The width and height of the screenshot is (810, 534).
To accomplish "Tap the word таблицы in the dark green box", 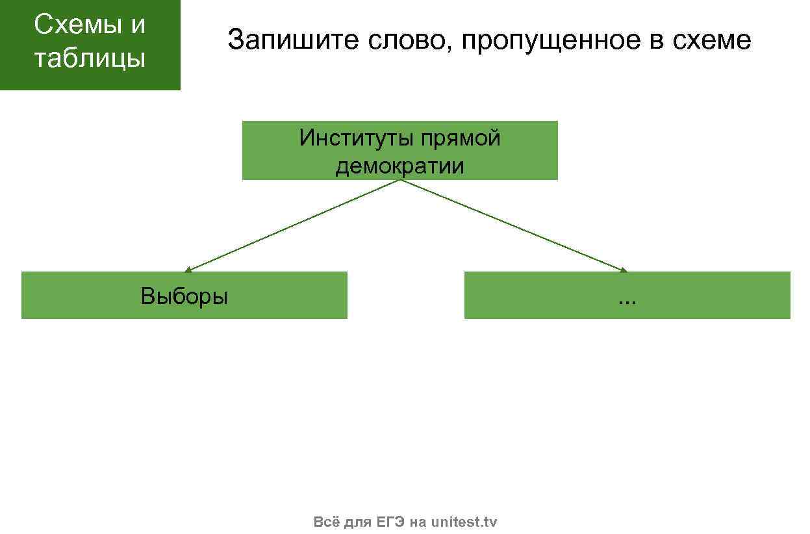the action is click(x=90, y=58).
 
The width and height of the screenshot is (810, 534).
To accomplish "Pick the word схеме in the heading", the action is click(x=711, y=40).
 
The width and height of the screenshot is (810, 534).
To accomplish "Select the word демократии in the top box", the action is click(x=399, y=166).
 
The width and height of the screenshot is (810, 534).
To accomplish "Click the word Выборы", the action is click(x=184, y=296).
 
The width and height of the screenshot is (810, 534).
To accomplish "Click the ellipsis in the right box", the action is click(x=627, y=300).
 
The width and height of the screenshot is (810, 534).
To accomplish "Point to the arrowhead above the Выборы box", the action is click(x=187, y=270).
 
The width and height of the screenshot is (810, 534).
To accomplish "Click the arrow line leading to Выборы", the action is click(x=292, y=225).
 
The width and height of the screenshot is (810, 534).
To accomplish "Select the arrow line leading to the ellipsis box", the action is click(x=513, y=225).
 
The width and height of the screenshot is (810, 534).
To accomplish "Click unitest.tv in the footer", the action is click(x=464, y=522).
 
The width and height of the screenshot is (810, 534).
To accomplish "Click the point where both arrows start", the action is click(x=400, y=180).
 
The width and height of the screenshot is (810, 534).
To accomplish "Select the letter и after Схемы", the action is click(x=137, y=25).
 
